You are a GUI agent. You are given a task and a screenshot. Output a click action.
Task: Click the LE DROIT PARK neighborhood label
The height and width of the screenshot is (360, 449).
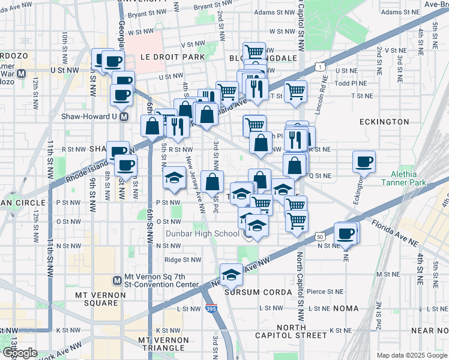point(172,57)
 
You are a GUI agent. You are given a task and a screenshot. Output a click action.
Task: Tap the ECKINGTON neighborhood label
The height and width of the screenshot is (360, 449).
point(384,122)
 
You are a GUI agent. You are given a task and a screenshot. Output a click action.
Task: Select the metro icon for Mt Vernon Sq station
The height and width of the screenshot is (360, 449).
point(117,280)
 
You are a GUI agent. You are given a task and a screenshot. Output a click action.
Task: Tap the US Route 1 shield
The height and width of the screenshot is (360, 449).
point(322,67)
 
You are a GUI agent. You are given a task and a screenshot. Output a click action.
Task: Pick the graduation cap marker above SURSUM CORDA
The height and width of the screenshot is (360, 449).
point(231,274)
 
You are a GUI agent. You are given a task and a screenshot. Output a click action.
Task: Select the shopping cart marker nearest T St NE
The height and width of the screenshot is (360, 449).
point(296,91)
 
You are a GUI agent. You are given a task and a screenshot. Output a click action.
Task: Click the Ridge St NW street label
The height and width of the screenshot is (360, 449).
point(182,260)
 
